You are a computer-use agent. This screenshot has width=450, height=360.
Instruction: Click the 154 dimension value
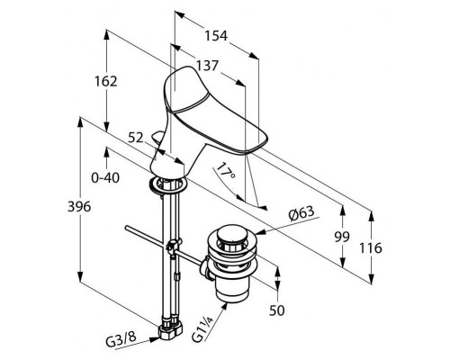click(216, 36)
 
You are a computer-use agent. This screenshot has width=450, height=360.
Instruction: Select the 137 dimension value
click(207, 66)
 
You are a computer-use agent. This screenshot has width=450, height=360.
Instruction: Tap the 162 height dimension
click(106, 81)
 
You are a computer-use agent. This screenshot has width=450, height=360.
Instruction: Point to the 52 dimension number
click(136, 138)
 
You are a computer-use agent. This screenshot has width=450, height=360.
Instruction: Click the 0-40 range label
click(105, 178)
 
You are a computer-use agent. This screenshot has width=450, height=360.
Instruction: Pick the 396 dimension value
click(79, 207)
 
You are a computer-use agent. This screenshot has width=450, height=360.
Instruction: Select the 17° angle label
click(226, 171)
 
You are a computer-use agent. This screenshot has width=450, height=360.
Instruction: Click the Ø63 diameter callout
click(301, 213)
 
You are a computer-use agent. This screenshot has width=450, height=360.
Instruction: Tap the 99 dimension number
click(342, 237)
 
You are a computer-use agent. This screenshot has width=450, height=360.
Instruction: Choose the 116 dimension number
click(371, 248)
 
